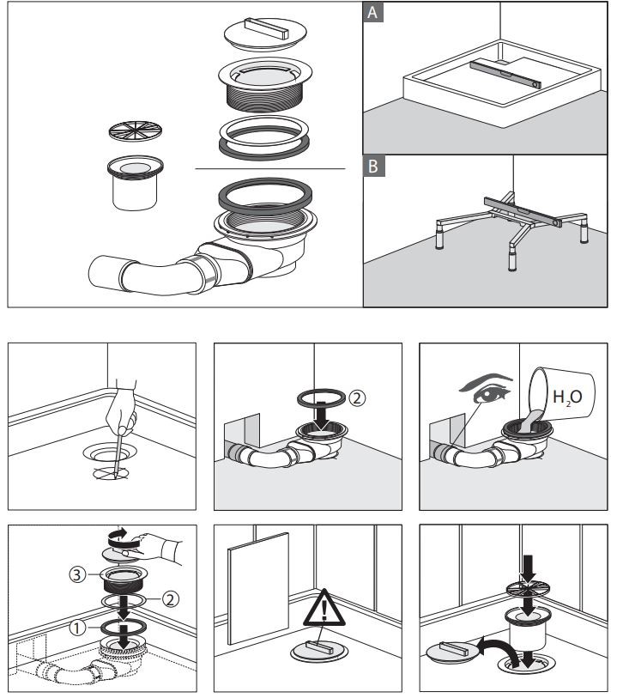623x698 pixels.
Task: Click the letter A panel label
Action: pyautogui.click(x=373, y=12)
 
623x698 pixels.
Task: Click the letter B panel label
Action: pyautogui.click(x=373, y=166)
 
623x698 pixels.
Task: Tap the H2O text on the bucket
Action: pyautogui.click(x=567, y=397)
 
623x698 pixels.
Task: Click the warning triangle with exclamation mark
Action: pyautogui.click(x=324, y=610)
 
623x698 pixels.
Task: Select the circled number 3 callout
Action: pyautogui.click(x=77, y=574)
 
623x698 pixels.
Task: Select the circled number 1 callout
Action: pyautogui.click(x=77, y=628)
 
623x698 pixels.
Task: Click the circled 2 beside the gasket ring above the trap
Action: pyautogui.click(x=357, y=398)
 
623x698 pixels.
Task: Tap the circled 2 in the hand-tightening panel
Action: pyautogui.click(x=171, y=599)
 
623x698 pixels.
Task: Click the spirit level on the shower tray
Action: pyautogui.click(x=505, y=75)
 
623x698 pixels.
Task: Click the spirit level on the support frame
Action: pyautogui.click(x=523, y=212)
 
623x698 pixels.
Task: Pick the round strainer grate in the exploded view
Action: pyautogui.click(x=136, y=130)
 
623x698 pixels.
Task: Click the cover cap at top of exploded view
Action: pyautogui.click(x=265, y=33)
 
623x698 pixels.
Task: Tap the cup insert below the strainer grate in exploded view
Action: pyautogui.click(x=136, y=183)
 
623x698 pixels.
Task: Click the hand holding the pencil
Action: pyautogui.click(x=121, y=407)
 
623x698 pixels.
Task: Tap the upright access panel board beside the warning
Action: pyautogui.click(x=258, y=588)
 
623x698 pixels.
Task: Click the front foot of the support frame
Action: pyautogui.click(x=512, y=260)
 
